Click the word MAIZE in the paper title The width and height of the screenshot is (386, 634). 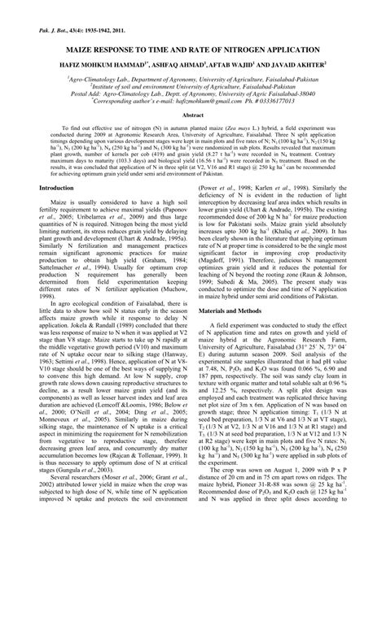90,49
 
